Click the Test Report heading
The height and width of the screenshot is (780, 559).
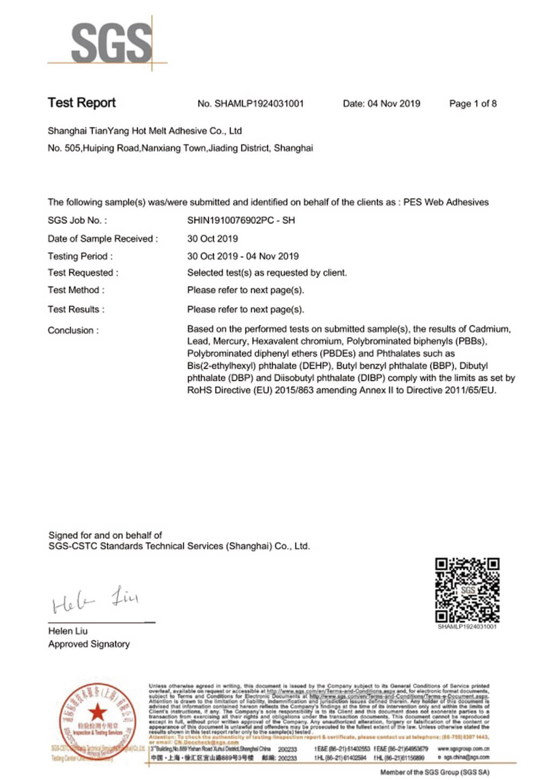point(82,103)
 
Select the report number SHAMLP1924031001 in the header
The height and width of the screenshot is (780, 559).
point(259,104)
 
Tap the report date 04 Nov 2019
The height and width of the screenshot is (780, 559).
point(393,104)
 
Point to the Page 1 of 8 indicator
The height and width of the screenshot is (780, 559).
point(473,104)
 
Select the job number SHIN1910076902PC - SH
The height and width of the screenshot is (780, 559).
point(240,220)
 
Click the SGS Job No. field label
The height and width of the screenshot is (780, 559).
point(77,220)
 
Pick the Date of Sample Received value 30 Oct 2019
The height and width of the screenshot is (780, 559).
point(212,238)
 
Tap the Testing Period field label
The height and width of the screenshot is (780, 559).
point(80,256)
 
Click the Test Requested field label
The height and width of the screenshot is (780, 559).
point(82,273)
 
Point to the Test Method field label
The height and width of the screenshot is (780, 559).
point(76,290)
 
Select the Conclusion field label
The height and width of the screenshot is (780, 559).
point(73,330)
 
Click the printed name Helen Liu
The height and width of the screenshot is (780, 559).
point(68,631)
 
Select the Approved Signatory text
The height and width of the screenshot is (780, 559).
point(89,644)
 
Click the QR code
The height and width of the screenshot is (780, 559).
point(467,590)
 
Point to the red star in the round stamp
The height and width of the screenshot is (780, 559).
point(97,713)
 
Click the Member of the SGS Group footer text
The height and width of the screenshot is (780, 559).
point(435,772)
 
